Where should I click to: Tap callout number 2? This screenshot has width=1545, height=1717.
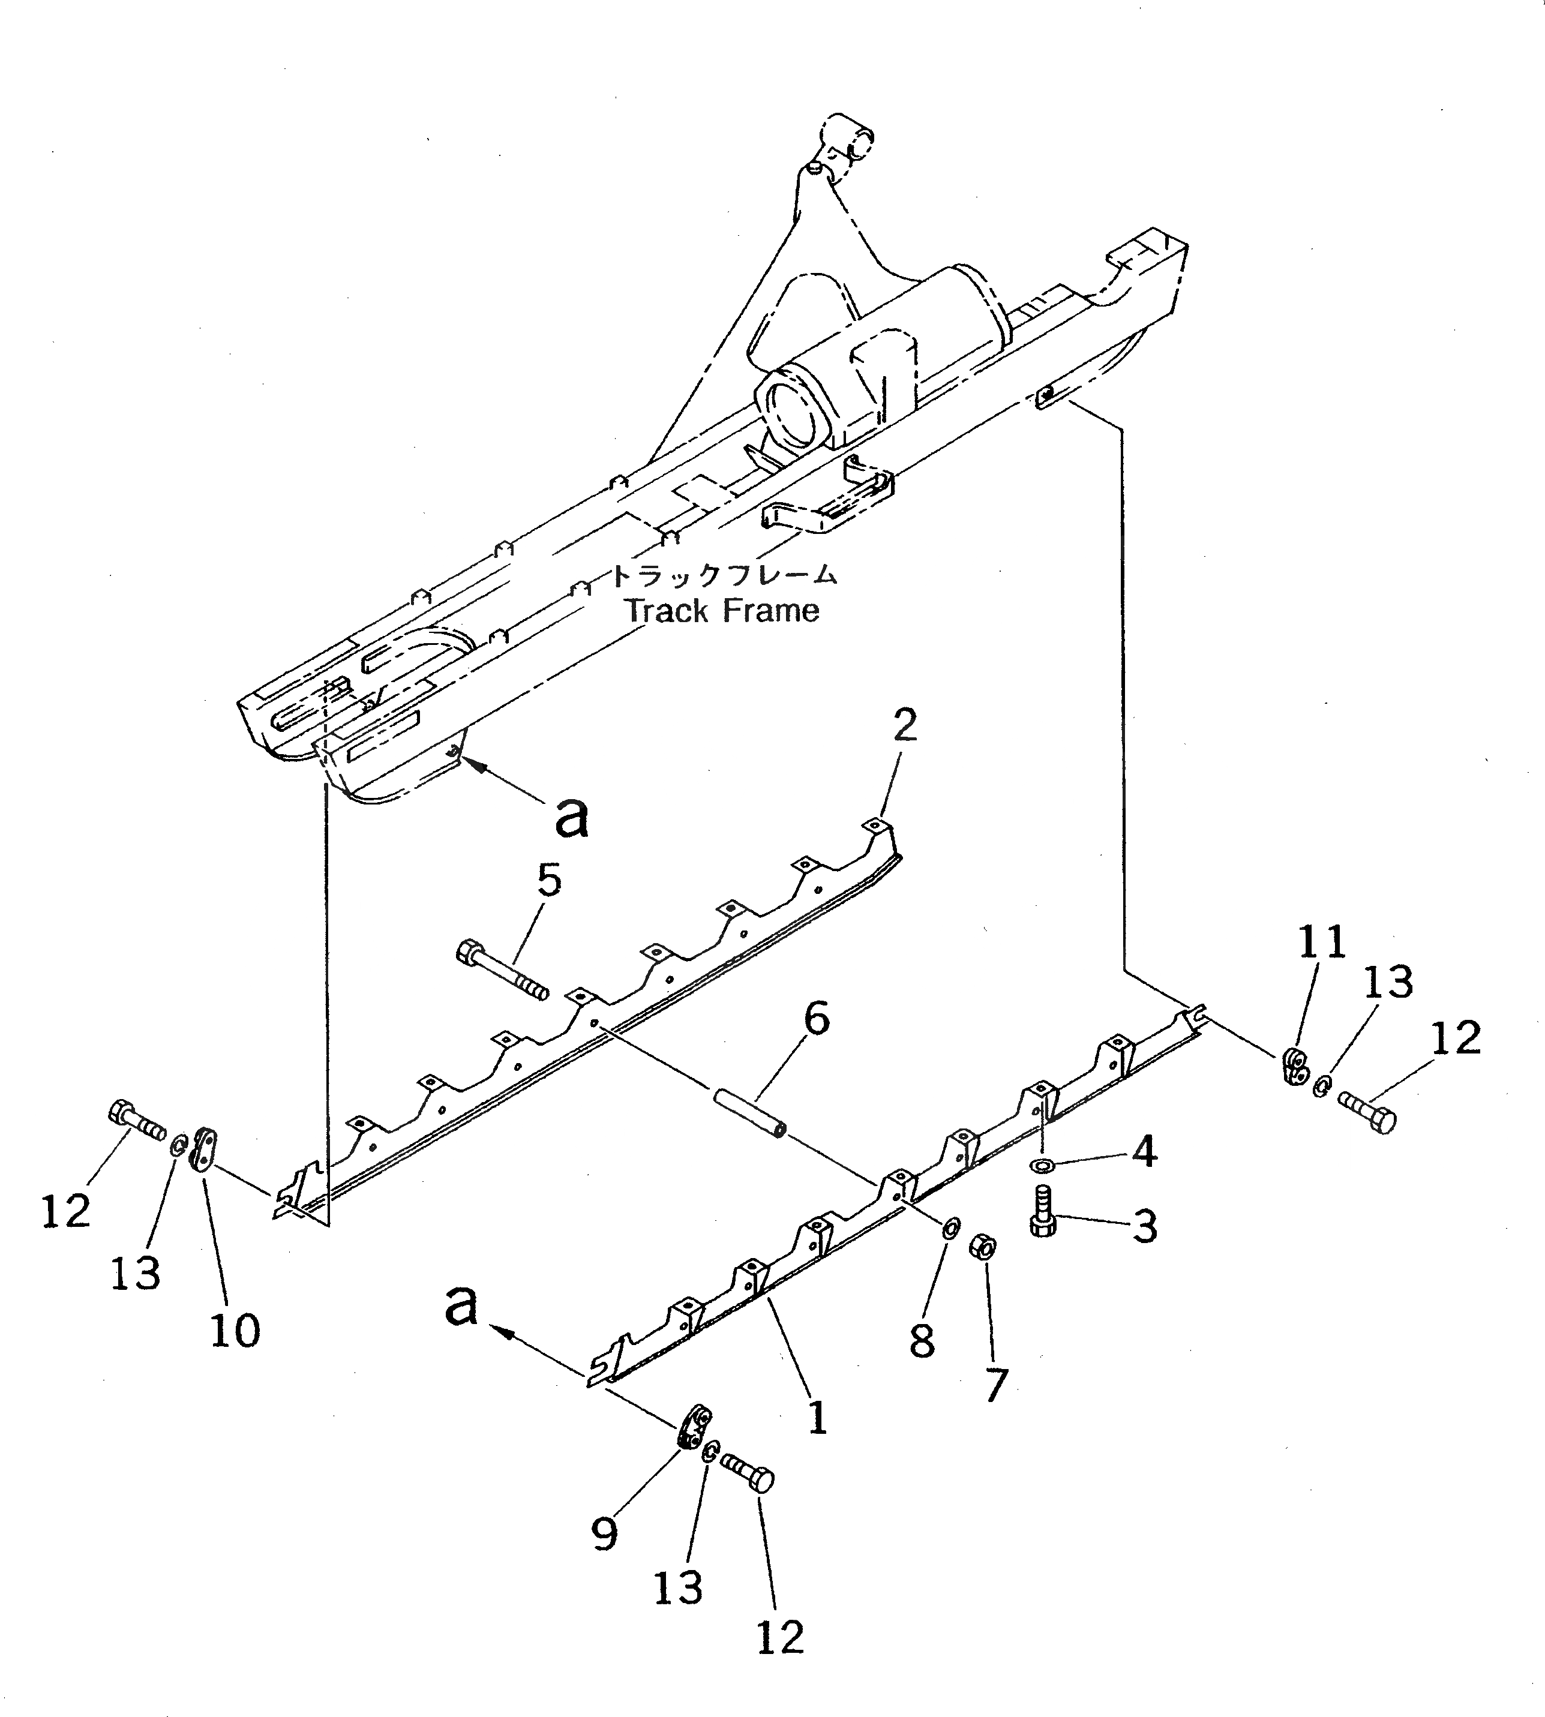tap(905, 727)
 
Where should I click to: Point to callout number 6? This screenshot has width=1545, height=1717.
tap(816, 1019)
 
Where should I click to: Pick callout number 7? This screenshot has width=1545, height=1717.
tap(994, 1386)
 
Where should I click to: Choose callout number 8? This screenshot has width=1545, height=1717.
tap(922, 1340)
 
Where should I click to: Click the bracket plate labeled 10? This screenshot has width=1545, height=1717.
tap(204, 1149)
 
